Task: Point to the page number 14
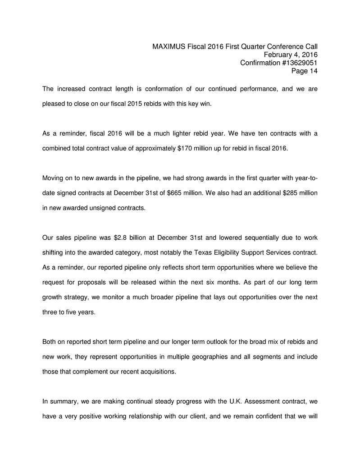click(x=313, y=71)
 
